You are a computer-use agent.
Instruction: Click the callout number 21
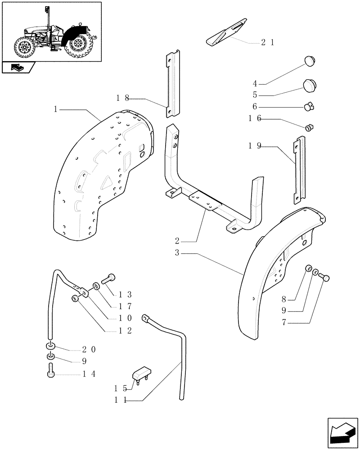tap(267, 43)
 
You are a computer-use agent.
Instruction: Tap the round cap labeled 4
tap(308, 60)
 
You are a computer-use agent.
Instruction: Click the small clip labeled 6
tap(310, 107)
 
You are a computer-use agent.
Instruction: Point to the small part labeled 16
tap(309, 128)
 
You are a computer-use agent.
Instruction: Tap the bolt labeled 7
tap(326, 279)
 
